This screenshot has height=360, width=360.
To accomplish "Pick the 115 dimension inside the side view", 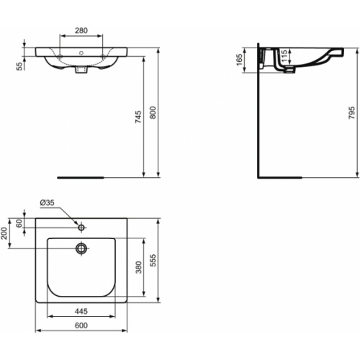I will (284, 54).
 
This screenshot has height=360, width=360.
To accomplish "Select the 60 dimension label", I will (21, 224).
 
